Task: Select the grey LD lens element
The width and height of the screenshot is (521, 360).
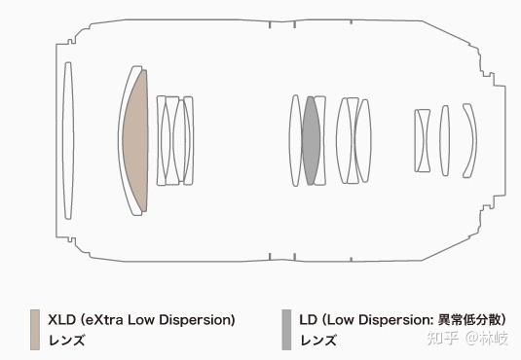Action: click(311, 140)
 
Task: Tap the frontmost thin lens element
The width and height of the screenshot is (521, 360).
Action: click(68, 140)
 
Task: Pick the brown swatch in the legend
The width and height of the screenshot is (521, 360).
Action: click(35, 330)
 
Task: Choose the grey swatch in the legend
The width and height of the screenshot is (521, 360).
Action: click(286, 330)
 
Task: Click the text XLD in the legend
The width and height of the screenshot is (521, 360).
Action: click(61, 320)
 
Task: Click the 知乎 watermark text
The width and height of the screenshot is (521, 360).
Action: click(442, 338)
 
